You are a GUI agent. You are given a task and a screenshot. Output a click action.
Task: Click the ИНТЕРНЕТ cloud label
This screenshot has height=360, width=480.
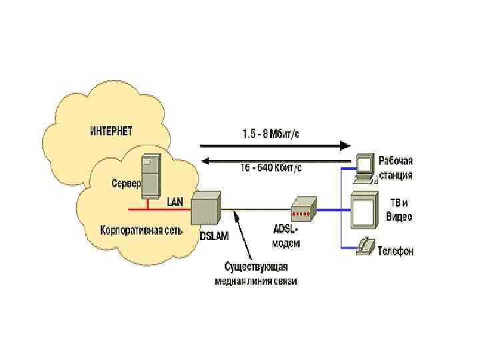111,130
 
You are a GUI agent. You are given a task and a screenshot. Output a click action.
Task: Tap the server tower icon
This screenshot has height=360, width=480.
151,175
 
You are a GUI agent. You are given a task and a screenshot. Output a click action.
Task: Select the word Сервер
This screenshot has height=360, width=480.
125,182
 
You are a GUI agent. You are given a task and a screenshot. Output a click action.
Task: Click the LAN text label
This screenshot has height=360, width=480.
175,201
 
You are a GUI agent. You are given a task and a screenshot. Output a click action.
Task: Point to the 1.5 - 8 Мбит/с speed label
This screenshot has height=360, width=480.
270,133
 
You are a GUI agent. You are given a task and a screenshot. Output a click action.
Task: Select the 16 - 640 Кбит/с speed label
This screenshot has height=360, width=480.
271,169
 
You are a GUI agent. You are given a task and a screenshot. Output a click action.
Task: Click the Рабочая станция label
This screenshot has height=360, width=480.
396,167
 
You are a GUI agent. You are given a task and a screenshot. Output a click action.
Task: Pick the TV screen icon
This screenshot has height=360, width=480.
364,209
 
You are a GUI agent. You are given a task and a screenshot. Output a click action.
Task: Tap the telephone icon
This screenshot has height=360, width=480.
365,245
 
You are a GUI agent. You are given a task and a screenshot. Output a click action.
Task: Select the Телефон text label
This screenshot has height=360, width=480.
395,251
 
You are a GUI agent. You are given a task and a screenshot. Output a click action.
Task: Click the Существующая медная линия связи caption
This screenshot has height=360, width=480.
255,275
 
